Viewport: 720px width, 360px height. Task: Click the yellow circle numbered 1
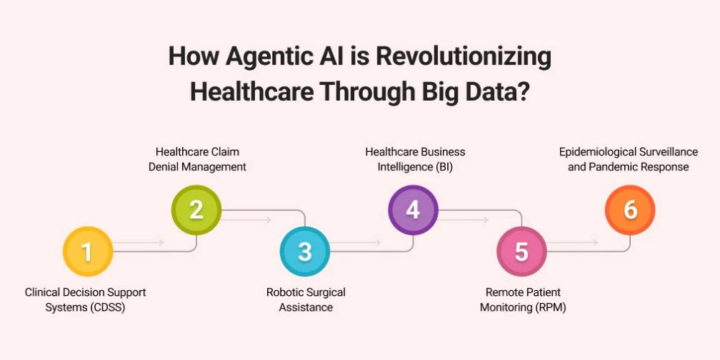(x=88, y=251)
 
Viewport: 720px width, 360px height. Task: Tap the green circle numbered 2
(x=196, y=210)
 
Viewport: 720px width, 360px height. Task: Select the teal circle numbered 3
(x=305, y=251)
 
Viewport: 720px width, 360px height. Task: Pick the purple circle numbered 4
(x=413, y=210)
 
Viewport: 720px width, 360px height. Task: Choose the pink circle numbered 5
(x=521, y=251)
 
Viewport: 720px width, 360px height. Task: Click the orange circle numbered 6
(x=630, y=210)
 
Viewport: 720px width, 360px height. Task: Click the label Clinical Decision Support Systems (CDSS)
(x=85, y=300)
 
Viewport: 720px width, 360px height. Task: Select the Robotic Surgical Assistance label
(x=306, y=300)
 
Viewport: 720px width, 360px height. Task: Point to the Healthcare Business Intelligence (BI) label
(x=415, y=159)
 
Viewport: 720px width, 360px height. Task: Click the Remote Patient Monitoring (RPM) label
(x=523, y=300)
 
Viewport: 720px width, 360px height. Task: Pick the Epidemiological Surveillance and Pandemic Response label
(x=629, y=159)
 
